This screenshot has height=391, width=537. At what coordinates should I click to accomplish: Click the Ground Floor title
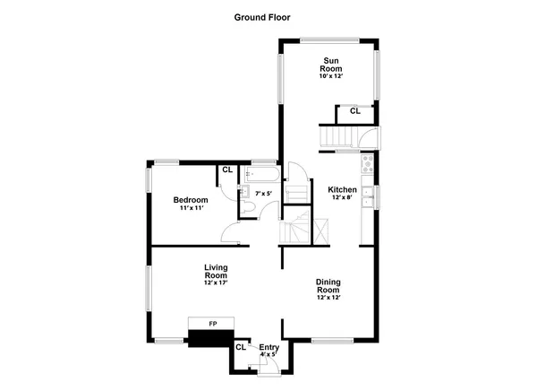point(262,17)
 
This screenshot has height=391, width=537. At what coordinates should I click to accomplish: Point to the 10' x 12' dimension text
point(330,77)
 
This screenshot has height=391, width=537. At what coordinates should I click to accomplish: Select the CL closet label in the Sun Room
point(354,111)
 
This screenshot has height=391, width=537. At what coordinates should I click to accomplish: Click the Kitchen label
point(342,190)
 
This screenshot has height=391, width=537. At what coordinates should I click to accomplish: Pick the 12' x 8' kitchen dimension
point(342,199)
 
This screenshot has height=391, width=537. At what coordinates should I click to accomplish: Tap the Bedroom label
point(191,200)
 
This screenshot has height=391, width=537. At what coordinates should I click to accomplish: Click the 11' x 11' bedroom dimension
point(191,209)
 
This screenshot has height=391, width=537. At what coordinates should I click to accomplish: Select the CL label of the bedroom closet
point(227,169)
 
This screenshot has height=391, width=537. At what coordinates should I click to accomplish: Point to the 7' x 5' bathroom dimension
point(263,193)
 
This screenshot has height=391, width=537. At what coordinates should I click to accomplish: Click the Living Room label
point(217,272)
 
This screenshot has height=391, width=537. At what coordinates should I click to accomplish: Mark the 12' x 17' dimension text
point(217,283)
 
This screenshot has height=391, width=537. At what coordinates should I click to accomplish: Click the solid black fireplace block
point(210,338)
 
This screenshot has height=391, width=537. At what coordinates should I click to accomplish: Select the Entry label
point(268,347)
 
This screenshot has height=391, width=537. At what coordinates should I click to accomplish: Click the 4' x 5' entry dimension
point(268,355)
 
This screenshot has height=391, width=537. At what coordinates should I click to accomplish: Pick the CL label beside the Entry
point(241,347)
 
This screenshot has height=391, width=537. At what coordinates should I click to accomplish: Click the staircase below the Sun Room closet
point(339,137)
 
